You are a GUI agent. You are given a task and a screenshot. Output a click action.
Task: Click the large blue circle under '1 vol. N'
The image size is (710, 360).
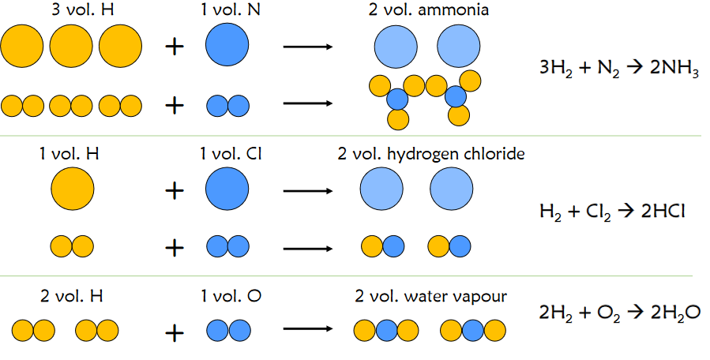[227, 46]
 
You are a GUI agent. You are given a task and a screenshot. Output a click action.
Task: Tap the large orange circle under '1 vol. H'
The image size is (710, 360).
[73, 190]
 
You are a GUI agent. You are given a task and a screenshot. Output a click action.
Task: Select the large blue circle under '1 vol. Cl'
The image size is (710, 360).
[227, 190]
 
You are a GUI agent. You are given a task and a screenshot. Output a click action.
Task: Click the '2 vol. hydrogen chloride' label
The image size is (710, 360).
[430, 154]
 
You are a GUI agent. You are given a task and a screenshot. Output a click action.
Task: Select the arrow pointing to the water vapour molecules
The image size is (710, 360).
[308, 331]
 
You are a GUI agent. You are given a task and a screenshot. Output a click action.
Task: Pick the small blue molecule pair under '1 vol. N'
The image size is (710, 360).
[227, 105]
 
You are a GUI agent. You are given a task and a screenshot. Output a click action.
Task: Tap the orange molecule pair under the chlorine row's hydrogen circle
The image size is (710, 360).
[72, 247]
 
